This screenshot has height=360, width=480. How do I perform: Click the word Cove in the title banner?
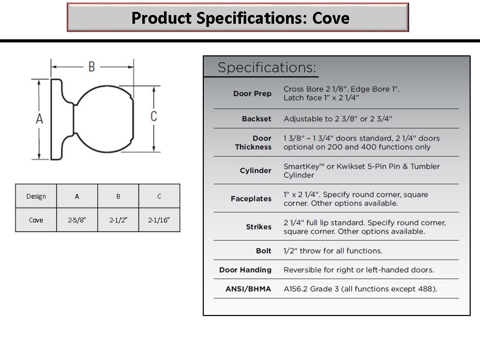click(x=331, y=18)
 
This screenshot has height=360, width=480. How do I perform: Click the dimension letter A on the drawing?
click(x=39, y=119)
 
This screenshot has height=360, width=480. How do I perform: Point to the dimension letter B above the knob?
click(x=92, y=66)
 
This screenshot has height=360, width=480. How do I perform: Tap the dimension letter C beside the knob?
click(x=154, y=116)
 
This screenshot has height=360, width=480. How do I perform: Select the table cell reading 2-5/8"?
click(x=77, y=220)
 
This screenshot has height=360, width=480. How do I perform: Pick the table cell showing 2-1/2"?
click(x=118, y=220)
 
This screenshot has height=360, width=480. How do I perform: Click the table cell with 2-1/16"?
click(x=159, y=220)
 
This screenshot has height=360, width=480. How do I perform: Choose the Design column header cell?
click(x=36, y=196)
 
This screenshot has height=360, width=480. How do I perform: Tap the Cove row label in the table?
click(x=36, y=220)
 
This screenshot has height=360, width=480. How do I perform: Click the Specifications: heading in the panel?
click(x=266, y=67)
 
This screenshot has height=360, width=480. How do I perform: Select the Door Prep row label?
click(x=252, y=94)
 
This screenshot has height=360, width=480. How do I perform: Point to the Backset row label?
click(x=257, y=119)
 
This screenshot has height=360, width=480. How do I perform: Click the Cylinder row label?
click(x=256, y=171)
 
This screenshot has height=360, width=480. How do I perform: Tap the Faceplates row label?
click(x=251, y=199)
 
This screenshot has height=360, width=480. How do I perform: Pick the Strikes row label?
click(x=259, y=227)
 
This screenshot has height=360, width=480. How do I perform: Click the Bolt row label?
click(x=264, y=251)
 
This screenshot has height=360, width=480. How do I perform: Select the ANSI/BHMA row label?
click(x=248, y=289)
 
